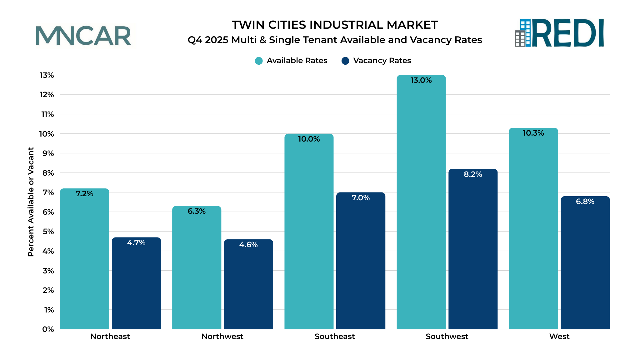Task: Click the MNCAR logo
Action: pos(83,36)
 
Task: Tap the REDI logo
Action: pos(559,33)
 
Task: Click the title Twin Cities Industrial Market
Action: pos(335,25)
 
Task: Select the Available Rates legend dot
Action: pos(259,61)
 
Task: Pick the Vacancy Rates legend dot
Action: pos(345,61)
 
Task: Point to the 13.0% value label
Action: pos(421,80)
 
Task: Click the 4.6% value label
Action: pos(248,245)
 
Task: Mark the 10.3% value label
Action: pos(533,133)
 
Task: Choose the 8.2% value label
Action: pos(473,174)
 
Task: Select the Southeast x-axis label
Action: pos(335,337)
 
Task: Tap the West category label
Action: pos(559,337)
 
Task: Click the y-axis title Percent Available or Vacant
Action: pos(31,202)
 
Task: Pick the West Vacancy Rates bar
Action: pos(585,266)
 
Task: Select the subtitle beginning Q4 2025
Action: pos(335,40)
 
